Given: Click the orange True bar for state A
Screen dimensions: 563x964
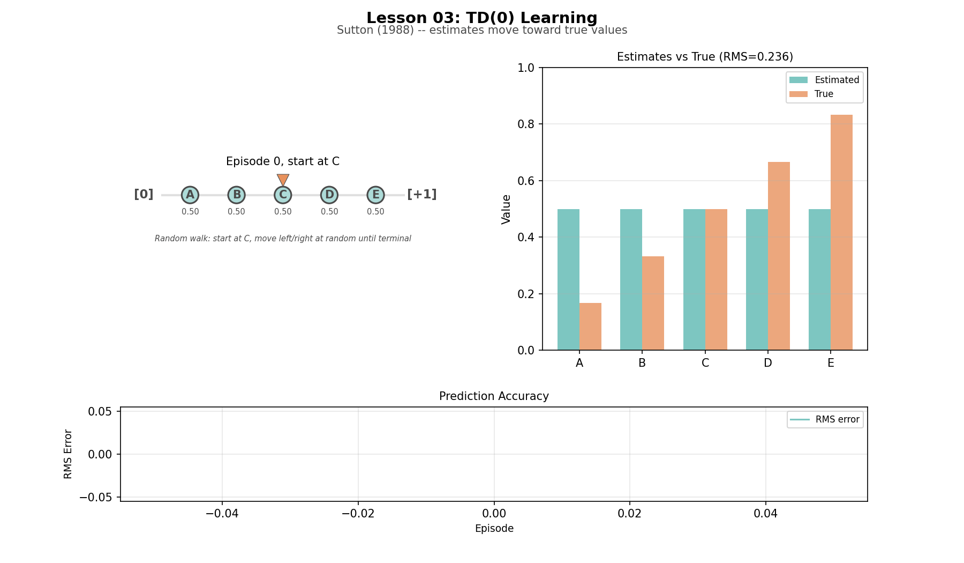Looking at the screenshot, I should coord(590,327).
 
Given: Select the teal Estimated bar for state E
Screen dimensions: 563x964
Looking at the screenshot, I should coord(819,279).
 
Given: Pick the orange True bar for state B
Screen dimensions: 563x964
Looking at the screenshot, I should coord(653,303).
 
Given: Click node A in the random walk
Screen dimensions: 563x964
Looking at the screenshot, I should coord(190,195).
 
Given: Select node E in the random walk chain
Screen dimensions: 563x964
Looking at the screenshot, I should coord(375,195).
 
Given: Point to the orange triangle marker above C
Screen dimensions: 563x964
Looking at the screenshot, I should coord(283,180).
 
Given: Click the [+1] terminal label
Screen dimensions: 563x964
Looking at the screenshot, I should coord(422,194).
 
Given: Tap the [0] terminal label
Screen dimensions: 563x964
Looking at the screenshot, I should coord(144,194).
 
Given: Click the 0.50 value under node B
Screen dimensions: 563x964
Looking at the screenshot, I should coord(236,212).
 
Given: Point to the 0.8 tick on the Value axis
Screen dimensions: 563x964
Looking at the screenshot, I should coord(526,124).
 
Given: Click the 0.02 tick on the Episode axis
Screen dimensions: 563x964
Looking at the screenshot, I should coord(629,514).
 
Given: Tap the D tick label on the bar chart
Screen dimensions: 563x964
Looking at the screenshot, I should coord(768,363).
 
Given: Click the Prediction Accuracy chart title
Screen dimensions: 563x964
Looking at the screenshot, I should coord(494,396).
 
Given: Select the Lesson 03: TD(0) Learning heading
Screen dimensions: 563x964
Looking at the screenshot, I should coord(481,18).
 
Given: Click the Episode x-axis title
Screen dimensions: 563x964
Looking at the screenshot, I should coord(494,529).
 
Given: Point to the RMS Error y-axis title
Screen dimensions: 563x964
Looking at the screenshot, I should coord(68,454).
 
